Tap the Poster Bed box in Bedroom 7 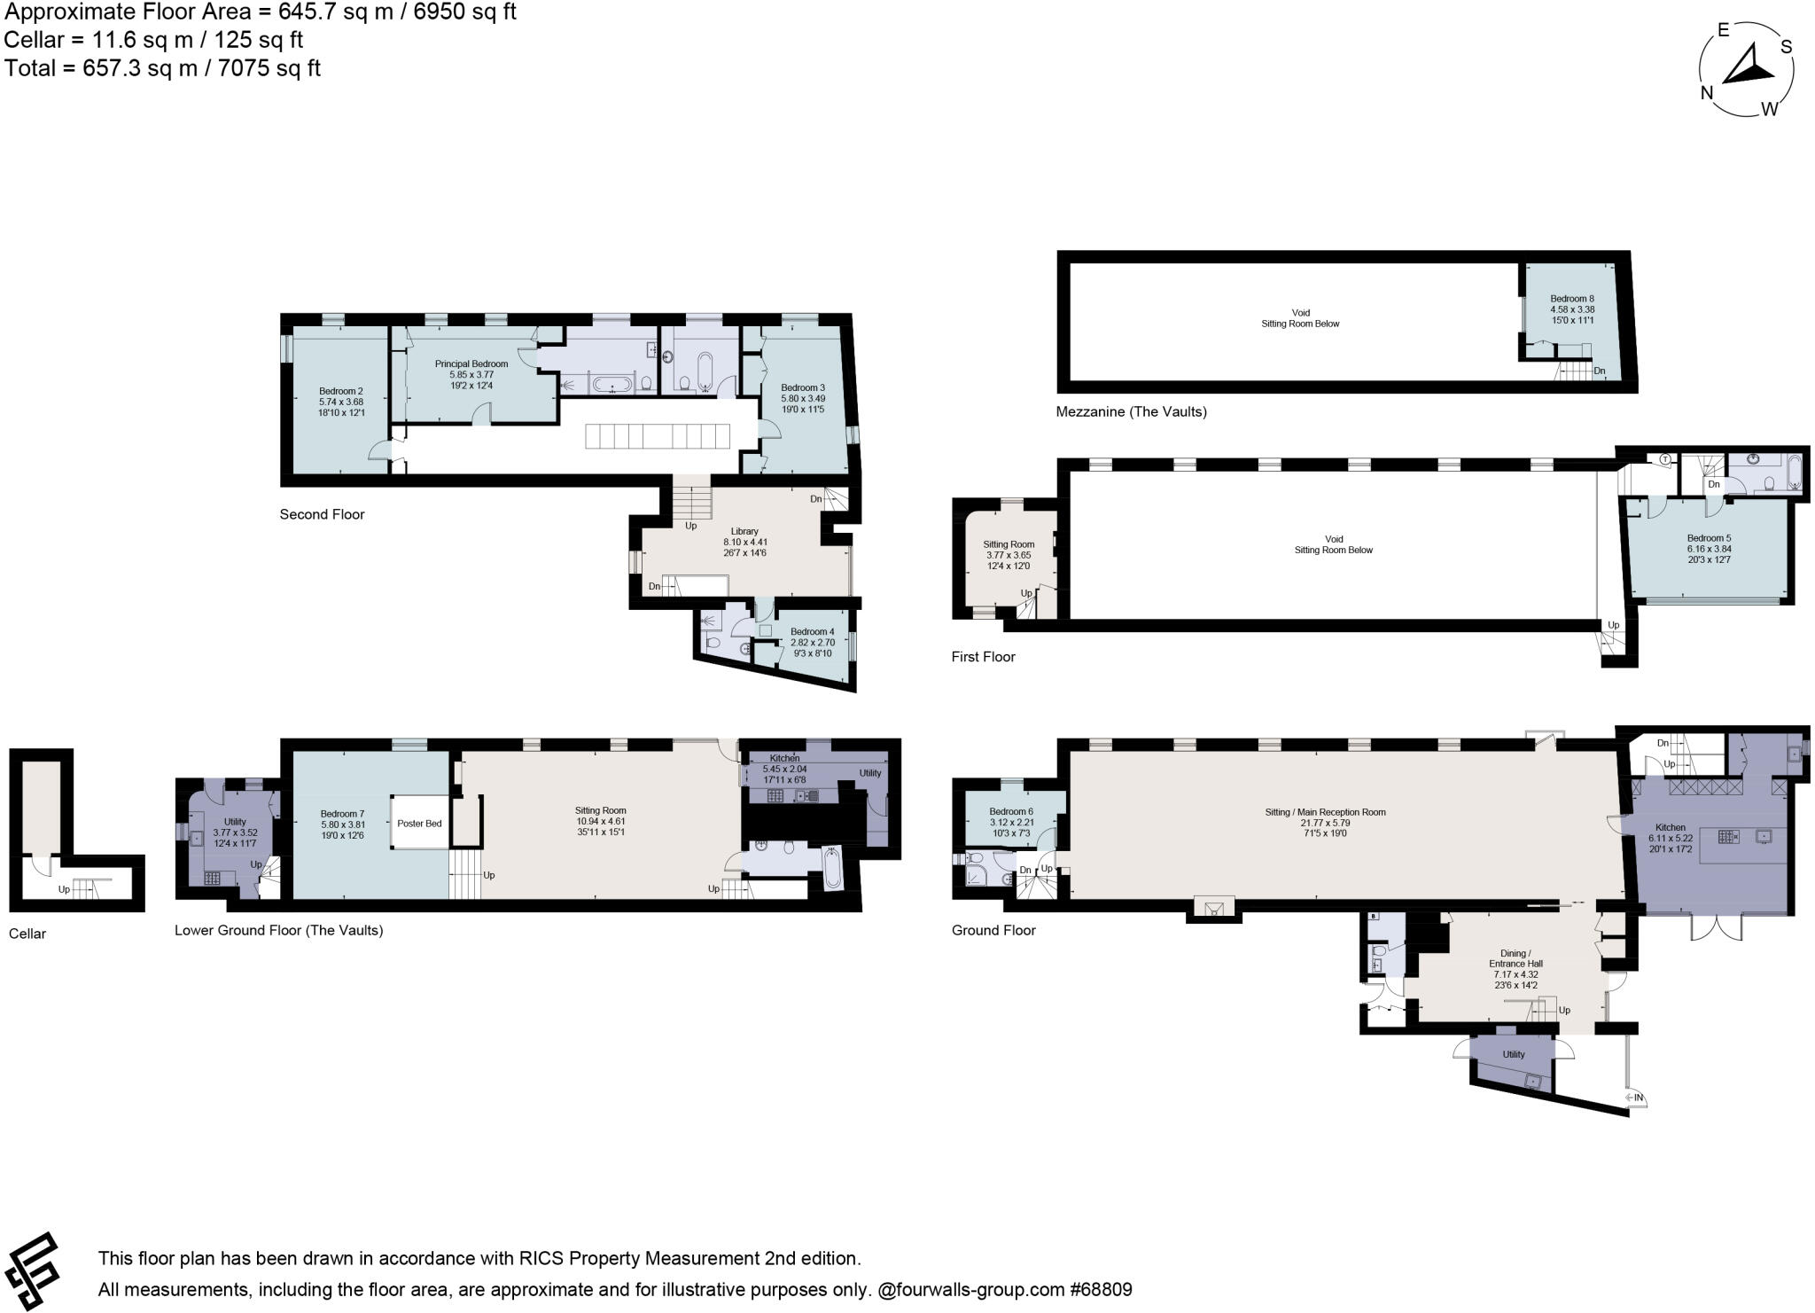(x=419, y=823)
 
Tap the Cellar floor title (x=27, y=934)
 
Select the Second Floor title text (x=322, y=514)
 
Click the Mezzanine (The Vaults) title (x=1131, y=411)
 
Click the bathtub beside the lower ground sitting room (x=832, y=867)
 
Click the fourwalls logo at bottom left (x=34, y=1270)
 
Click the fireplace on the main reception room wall (x=1212, y=907)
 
